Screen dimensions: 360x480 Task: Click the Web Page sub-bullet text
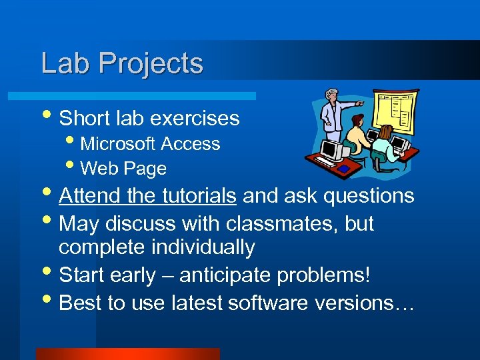[123, 169]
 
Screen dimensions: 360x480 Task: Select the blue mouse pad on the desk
[344, 169]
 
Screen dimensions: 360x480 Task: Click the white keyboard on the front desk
[325, 162]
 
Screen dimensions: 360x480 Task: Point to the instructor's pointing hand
[361, 104]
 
